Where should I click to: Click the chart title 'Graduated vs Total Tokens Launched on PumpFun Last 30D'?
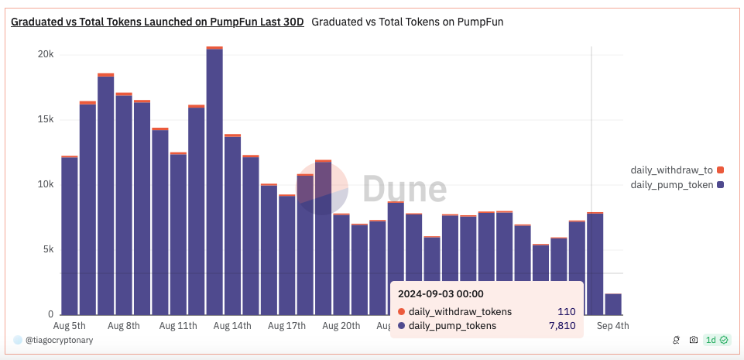click(157, 22)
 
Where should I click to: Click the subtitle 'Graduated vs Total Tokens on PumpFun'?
click(407, 22)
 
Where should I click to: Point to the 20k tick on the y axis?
click(46, 55)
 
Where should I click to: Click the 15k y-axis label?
click(46, 120)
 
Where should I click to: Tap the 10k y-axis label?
click(46, 185)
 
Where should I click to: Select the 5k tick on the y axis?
click(48, 250)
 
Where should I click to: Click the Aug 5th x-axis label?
click(69, 327)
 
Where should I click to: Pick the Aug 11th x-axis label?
click(178, 327)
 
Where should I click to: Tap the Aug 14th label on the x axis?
click(232, 327)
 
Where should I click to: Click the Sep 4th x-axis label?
click(612, 327)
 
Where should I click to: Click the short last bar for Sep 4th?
click(612, 304)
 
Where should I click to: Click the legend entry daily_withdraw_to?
click(672, 170)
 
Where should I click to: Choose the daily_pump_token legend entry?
click(672, 185)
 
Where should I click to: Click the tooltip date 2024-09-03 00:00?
click(441, 294)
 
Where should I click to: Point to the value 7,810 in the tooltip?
click(562, 326)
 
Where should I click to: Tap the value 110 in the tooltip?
click(566, 312)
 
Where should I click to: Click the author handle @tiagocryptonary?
click(59, 340)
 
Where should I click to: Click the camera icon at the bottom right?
click(694, 340)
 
